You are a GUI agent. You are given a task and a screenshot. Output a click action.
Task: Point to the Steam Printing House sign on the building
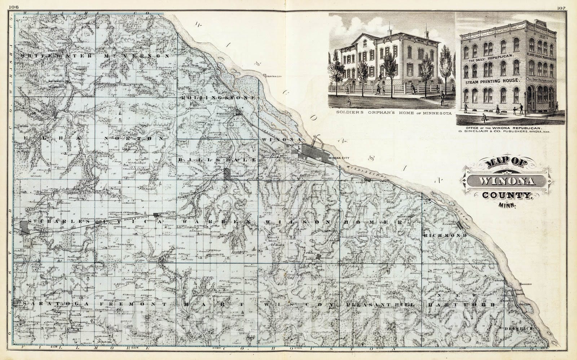[494, 82]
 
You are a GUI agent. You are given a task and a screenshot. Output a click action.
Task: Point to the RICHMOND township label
[446, 236]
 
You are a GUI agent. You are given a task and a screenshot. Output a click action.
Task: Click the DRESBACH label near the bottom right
[517, 329]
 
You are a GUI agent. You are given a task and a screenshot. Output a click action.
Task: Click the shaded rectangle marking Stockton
[228, 174]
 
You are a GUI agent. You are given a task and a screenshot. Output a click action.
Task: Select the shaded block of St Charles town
[25, 228]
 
